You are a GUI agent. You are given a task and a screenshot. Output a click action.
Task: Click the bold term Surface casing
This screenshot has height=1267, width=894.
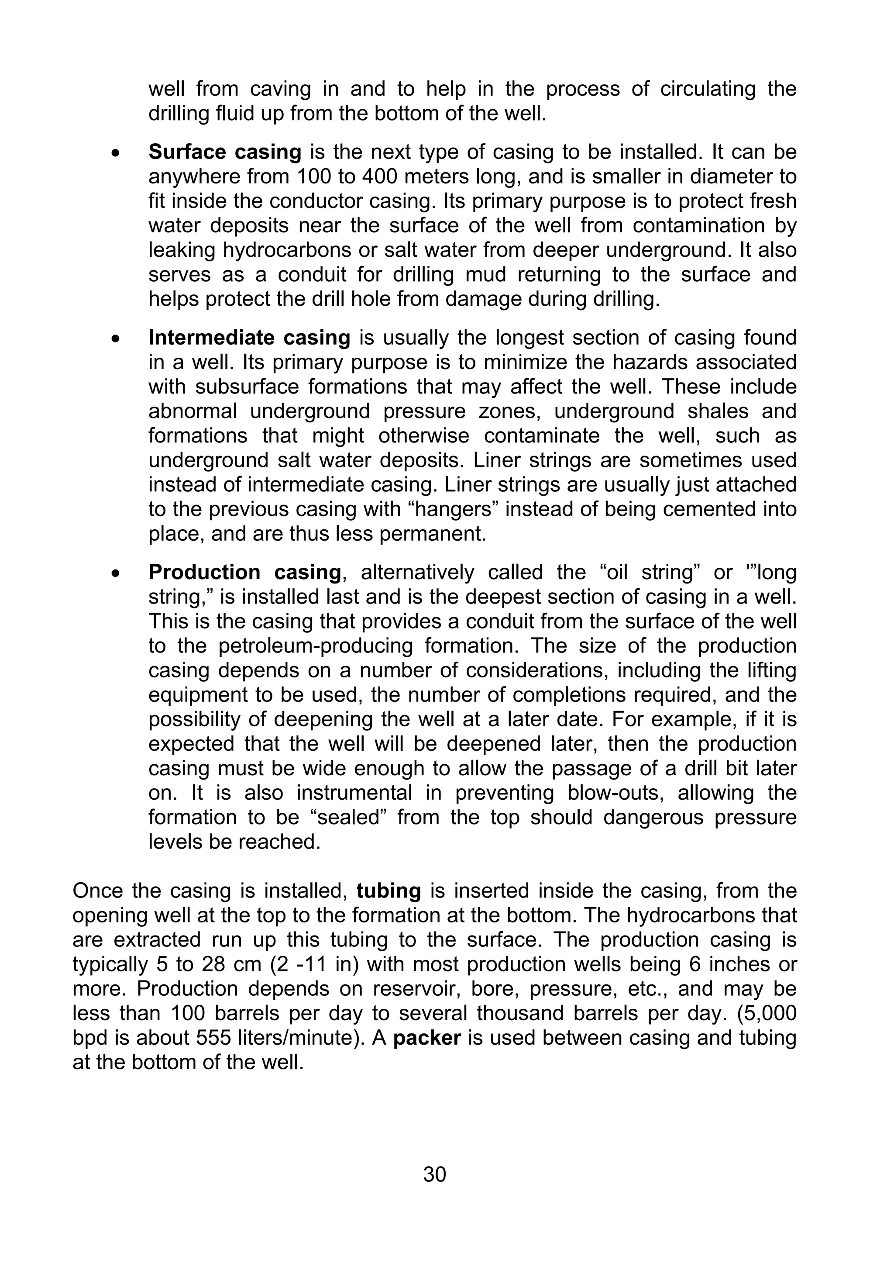[x=224, y=152]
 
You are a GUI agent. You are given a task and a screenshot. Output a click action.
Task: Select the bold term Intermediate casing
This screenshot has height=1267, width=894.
[x=249, y=338]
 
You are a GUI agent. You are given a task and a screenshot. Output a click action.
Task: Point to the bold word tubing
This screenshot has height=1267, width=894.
[x=389, y=891]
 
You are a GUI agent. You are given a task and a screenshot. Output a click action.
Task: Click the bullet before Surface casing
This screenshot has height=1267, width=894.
[x=115, y=153]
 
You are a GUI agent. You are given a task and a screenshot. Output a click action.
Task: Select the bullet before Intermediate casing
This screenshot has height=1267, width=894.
[x=115, y=339]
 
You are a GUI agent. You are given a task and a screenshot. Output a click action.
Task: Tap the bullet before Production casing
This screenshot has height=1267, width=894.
[x=115, y=573]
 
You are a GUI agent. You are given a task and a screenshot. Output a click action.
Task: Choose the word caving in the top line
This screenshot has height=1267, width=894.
[x=281, y=89]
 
